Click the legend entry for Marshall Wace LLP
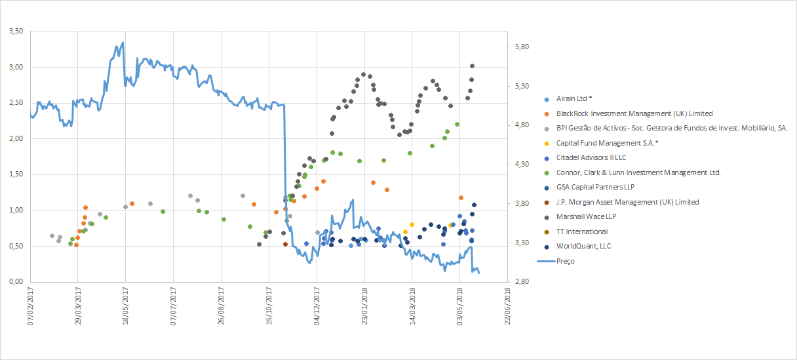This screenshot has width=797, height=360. (x=586, y=216)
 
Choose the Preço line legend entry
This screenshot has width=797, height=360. (x=566, y=261)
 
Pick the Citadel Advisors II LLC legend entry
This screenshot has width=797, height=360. (x=591, y=157)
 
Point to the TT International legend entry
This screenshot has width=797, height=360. (x=581, y=231)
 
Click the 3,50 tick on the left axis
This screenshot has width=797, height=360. (x=14, y=31)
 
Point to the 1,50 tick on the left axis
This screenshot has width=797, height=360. (x=14, y=174)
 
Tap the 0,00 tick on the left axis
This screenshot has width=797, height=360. (x=14, y=282)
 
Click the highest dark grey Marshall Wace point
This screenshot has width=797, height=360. (x=472, y=66)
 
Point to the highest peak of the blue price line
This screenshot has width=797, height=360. (x=123, y=43)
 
